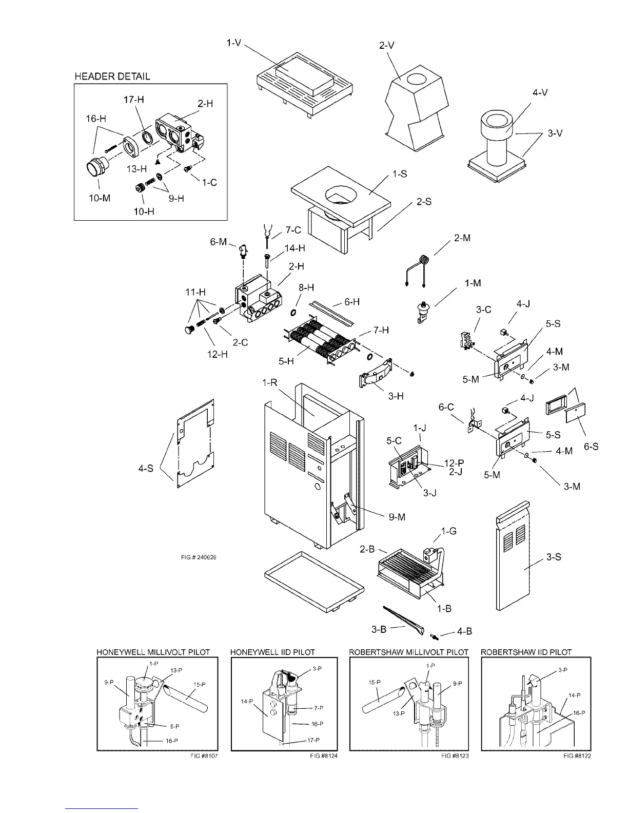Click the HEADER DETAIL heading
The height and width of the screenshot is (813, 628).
112,76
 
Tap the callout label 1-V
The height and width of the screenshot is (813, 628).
235,43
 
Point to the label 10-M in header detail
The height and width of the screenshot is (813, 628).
100,198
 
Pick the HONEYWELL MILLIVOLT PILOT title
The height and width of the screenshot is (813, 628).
153,652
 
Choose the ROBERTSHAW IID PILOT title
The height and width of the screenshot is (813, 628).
526,652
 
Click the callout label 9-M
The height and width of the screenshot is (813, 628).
397,517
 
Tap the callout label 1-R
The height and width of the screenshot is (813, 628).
270,384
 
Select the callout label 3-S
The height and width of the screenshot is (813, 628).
553,557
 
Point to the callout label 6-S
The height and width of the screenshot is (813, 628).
591,447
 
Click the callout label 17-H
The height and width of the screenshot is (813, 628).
133,100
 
